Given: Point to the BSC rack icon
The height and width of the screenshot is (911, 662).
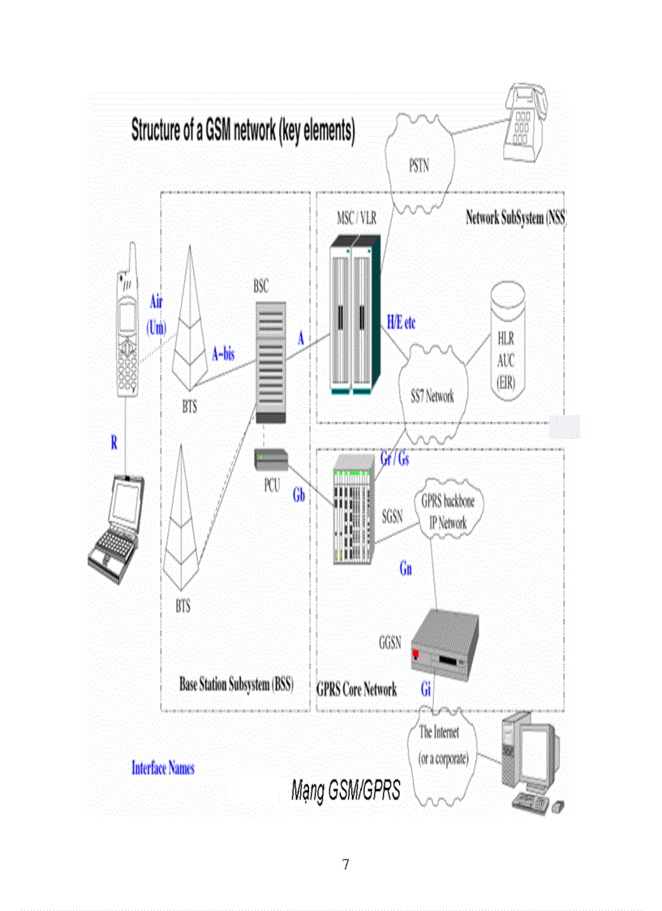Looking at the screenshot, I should [269, 362].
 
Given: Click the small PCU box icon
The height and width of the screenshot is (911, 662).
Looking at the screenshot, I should [271, 460].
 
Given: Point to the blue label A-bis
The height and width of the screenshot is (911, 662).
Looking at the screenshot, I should [228, 354].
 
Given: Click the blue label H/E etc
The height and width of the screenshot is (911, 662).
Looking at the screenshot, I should [401, 322].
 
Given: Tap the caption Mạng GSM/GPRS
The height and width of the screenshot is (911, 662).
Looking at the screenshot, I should [346, 792].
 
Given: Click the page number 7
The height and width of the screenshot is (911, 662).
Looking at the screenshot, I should [346, 865].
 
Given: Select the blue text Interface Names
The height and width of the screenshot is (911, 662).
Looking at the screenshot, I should [163, 767].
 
